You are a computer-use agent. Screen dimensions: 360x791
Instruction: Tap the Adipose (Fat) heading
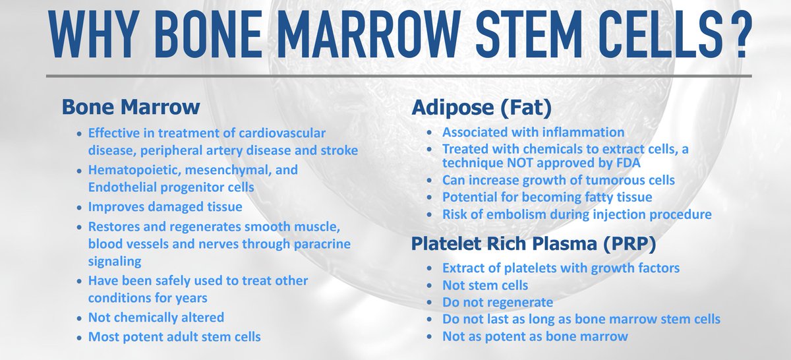click(x=469, y=106)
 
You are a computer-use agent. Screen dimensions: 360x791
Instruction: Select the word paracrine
click(x=314, y=244)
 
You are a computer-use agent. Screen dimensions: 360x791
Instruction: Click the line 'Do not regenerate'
click(x=497, y=303)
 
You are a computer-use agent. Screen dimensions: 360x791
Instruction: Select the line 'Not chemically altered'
click(x=156, y=318)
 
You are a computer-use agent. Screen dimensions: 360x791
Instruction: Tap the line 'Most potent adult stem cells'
click(x=174, y=337)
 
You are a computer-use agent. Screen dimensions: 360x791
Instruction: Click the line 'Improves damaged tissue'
click(x=165, y=207)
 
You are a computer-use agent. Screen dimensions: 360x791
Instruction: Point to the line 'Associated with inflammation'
click(x=533, y=133)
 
